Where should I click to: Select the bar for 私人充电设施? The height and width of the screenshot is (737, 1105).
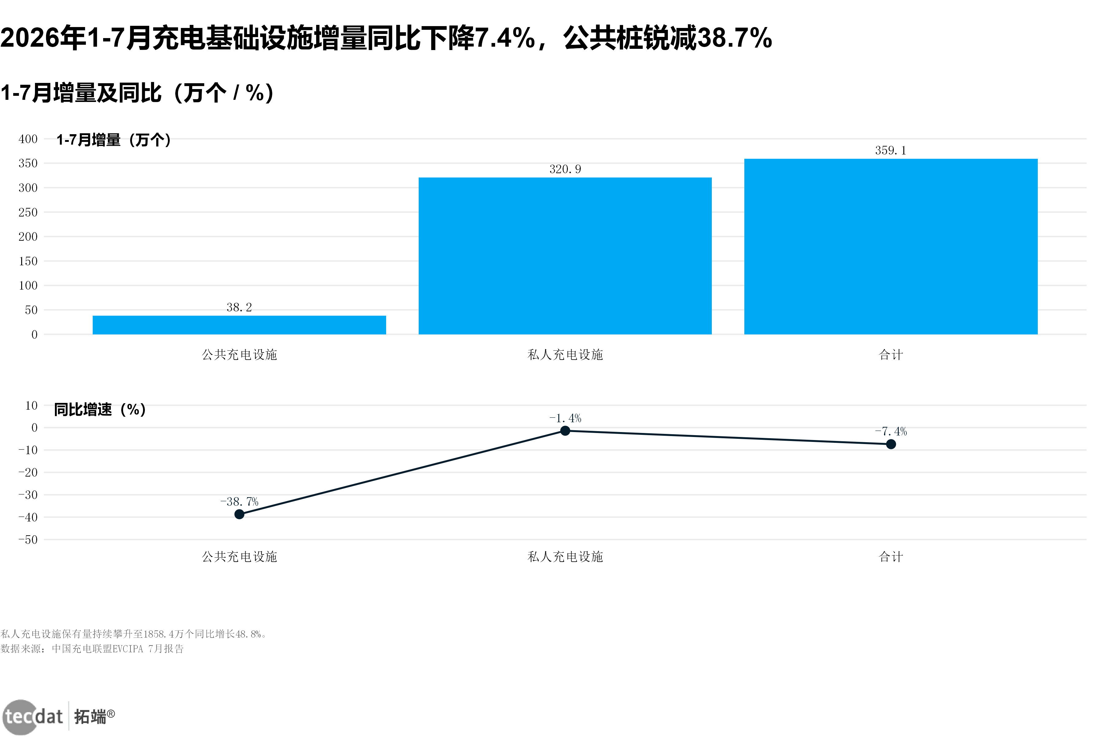[x=565, y=256]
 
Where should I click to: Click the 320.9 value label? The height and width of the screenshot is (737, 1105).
[x=565, y=169]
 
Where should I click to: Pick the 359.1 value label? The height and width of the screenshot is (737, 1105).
[x=891, y=150]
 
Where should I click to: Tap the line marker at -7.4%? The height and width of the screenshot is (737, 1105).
[x=891, y=444]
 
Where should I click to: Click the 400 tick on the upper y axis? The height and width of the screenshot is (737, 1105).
[x=28, y=139]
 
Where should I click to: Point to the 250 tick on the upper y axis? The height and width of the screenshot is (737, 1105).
[x=28, y=213]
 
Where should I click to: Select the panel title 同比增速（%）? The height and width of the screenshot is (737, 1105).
[x=100, y=409]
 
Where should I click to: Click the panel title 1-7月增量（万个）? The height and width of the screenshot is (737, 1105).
[x=114, y=140]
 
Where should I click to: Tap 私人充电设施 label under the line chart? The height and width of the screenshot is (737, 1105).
[x=565, y=557]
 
